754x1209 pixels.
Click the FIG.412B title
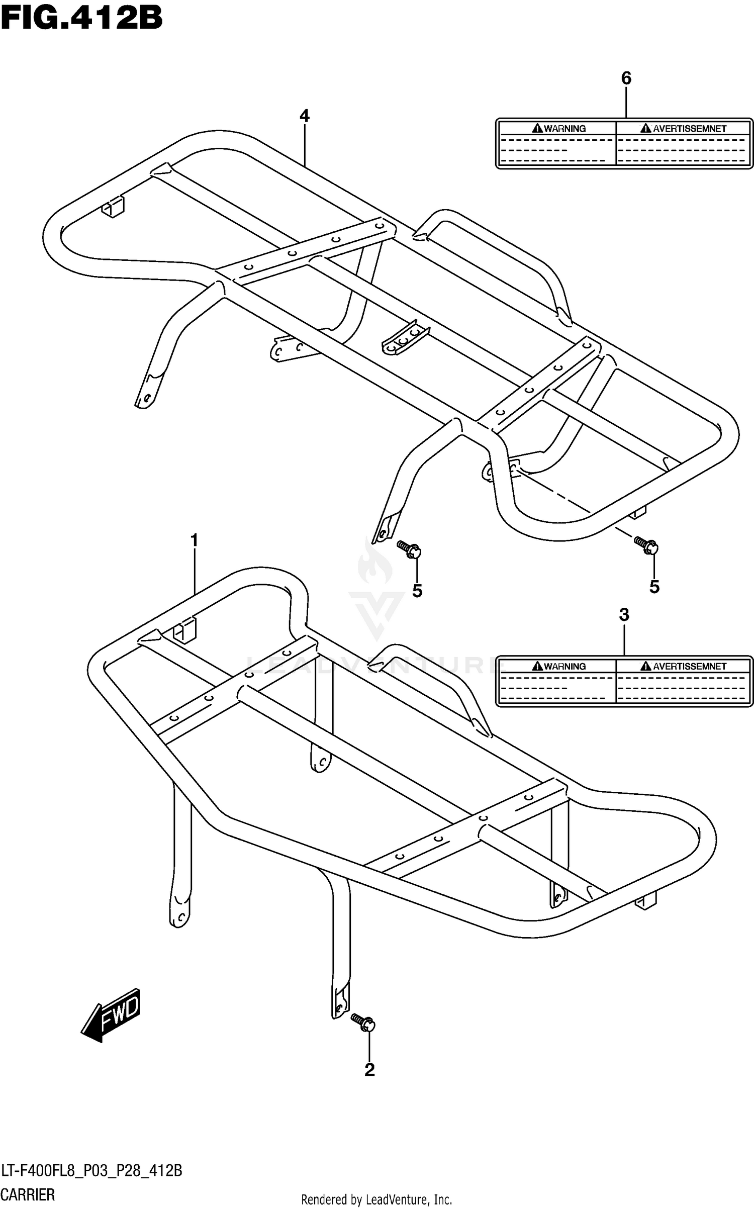tap(81, 19)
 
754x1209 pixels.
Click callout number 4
tap(304, 116)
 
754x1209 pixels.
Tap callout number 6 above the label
tap(626, 78)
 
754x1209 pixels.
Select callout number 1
tap(194, 541)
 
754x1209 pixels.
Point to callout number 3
tap(624, 614)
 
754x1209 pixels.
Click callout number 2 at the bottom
tap(369, 1070)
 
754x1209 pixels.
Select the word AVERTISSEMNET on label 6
tap(684, 129)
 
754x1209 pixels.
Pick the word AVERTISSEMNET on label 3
tap(684, 667)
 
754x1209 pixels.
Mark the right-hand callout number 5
tap(654, 586)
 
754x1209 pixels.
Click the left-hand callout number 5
tap(417, 591)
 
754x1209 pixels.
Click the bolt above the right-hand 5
tap(646, 545)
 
